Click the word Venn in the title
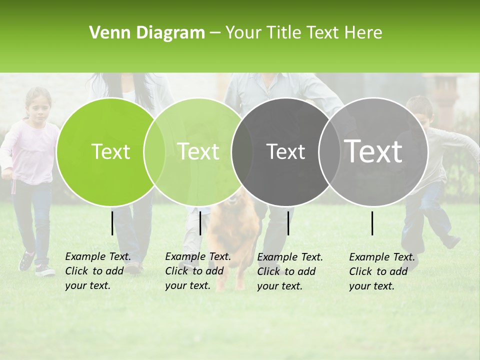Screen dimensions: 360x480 click(x=108, y=33)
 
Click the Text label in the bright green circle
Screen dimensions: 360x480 click(x=111, y=151)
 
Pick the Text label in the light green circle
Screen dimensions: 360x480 click(x=198, y=151)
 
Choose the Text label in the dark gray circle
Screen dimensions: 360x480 click(x=285, y=151)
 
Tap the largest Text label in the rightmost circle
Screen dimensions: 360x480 click(x=373, y=151)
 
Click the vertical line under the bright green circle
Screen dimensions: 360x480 click(x=112, y=223)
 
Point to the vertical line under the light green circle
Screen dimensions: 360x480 click(x=200, y=223)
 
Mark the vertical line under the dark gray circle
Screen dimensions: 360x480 click(x=288, y=223)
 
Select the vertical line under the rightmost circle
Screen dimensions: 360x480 click(x=372, y=223)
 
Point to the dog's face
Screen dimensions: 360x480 click(x=232, y=202)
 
